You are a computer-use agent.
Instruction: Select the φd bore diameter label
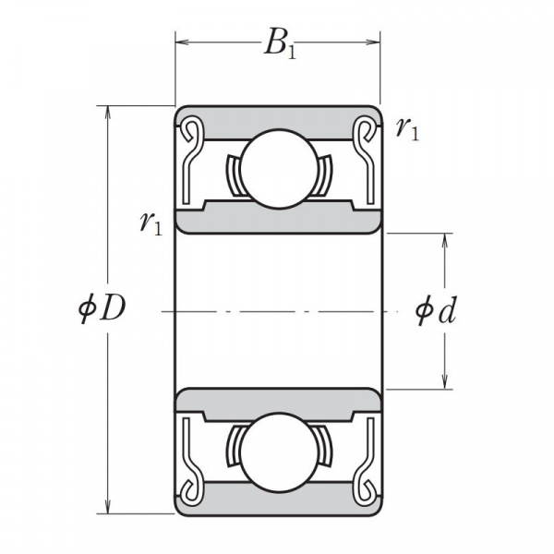pos(435,311)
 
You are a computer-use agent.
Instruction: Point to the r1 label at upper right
pos(406,128)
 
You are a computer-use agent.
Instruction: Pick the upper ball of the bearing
pos(278,168)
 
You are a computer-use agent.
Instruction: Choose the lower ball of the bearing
pos(278,451)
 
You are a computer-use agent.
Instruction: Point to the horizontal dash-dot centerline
pos(278,310)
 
